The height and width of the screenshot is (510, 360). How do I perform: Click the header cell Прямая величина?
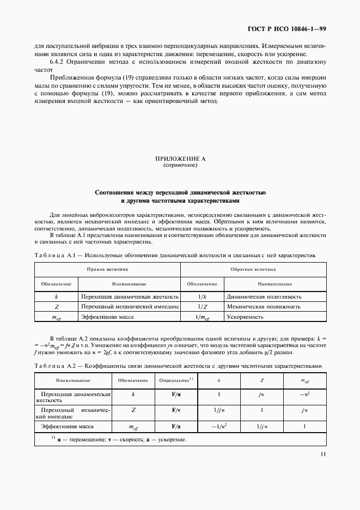108,269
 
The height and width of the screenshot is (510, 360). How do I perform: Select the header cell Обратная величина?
253,269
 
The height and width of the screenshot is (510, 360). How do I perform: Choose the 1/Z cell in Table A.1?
202,307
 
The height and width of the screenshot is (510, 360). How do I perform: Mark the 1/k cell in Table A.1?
202,297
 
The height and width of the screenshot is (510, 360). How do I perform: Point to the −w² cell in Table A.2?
304,393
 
